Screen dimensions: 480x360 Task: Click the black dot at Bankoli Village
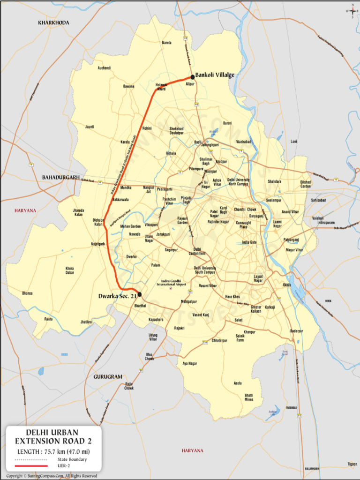(192, 77)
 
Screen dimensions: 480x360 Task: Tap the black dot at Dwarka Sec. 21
(139, 294)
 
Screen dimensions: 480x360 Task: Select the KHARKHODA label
(53, 22)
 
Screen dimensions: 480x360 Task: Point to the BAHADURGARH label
(59, 177)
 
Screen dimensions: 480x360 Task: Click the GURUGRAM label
(108, 376)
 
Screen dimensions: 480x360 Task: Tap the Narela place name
(166, 43)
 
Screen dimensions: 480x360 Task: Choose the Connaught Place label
(243, 225)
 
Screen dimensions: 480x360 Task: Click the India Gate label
(249, 242)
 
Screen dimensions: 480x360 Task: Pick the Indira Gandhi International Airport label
(171, 283)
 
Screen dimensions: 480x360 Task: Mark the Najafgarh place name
(98, 244)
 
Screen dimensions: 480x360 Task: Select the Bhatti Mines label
(249, 397)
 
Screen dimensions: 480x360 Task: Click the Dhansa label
(27, 293)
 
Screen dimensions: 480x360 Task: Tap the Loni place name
(294, 141)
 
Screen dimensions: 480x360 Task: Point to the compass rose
(352, 10)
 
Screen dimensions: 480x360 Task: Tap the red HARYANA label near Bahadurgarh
(25, 211)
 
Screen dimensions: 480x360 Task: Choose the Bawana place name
(128, 86)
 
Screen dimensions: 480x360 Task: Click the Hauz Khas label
(232, 297)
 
